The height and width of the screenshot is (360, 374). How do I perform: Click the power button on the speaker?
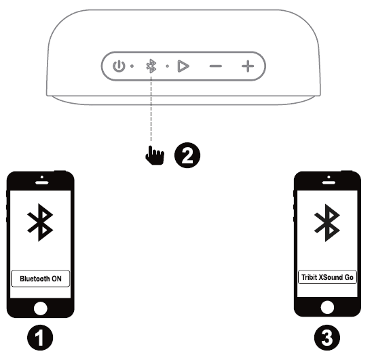[x=119, y=66]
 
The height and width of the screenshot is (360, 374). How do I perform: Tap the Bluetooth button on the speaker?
[x=151, y=66]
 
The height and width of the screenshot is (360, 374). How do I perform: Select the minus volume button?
[x=216, y=66]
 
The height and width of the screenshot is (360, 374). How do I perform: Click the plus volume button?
[x=248, y=66]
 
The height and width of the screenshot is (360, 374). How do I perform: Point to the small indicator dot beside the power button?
[x=132, y=66]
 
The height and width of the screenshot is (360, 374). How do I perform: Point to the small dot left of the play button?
[x=168, y=66]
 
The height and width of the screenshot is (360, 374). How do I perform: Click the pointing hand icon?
[x=155, y=155]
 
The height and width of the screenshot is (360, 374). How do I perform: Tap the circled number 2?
[x=187, y=155]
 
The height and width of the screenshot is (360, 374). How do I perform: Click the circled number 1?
[x=40, y=338]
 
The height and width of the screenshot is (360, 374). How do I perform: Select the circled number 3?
[x=327, y=338]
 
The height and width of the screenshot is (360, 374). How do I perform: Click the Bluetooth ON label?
[x=41, y=279]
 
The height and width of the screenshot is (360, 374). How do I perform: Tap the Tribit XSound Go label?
[x=327, y=277]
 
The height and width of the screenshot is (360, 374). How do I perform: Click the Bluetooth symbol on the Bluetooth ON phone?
[x=40, y=222]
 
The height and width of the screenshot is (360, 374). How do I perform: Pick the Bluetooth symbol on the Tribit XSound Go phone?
[x=327, y=223]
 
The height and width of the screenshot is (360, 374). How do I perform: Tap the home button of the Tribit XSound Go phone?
[x=327, y=307]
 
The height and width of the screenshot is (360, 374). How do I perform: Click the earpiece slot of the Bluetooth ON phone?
[x=42, y=183]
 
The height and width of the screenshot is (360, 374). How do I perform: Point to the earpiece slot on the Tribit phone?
[x=329, y=183]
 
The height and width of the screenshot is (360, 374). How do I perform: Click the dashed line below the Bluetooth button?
[x=151, y=108]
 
